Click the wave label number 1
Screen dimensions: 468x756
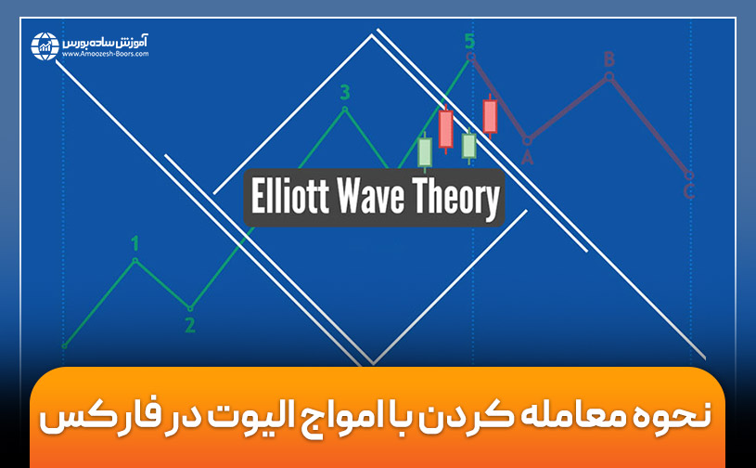coord(135,243)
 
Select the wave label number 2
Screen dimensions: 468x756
coord(190,325)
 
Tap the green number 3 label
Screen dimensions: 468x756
coord(345,92)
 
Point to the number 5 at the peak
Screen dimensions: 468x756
coord(469,41)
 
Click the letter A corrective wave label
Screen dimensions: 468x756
coord(527,158)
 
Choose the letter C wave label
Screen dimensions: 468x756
coord(688,192)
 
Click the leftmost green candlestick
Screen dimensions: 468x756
coord(425,151)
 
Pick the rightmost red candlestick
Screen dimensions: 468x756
coord(490,116)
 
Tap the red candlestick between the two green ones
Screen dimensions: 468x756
coord(446,129)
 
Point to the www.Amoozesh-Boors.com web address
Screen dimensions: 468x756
coord(106,55)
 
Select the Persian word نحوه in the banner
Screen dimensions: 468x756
coord(665,416)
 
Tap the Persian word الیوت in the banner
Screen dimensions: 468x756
coord(278,416)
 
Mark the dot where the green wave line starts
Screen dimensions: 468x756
coord(64,345)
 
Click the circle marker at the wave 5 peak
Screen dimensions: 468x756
coord(470,57)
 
